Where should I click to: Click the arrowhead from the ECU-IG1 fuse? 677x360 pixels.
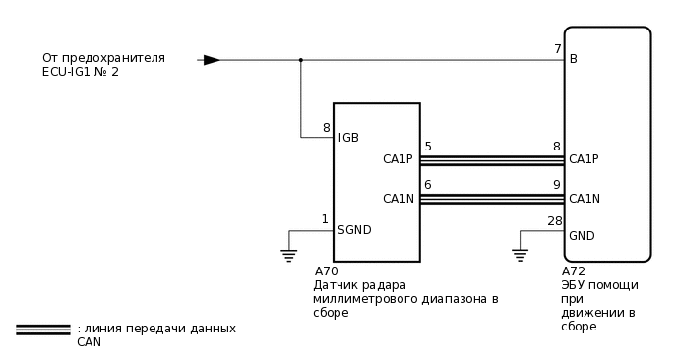coord(212,60)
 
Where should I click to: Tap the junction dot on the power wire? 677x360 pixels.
coord(301,60)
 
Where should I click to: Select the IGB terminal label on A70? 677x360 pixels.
coord(348,138)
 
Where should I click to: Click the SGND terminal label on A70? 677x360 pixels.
coord(354,230)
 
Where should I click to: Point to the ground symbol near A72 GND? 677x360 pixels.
coord(521,256)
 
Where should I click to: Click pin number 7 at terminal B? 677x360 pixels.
coord(557,48)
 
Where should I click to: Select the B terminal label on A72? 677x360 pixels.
coord(574,59)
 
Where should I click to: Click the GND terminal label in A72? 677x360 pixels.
coord(582,236)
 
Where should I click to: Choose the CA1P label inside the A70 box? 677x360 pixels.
coord(399,159)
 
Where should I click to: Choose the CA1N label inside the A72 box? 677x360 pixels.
coord(585,198)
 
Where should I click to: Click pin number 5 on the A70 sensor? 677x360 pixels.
coord(427,147)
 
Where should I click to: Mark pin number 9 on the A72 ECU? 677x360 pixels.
coord(556,184)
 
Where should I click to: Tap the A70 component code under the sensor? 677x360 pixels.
coord(326,271)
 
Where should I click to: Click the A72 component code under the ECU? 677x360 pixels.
coord(574,271)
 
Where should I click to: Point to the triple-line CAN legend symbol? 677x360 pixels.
coord(42,329)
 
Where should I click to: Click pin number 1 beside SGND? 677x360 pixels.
coord(325,218)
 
